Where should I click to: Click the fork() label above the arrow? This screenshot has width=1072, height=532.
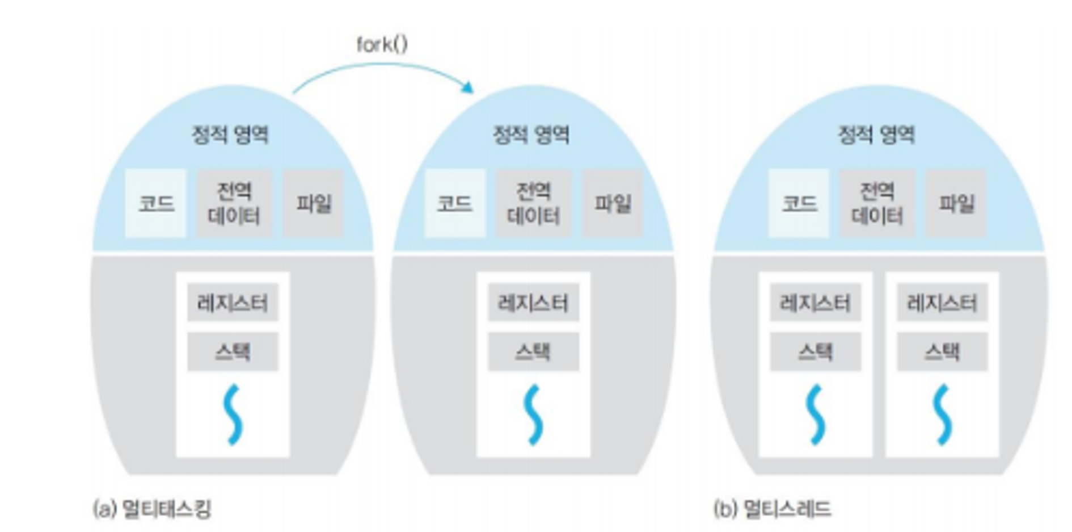point(382,44)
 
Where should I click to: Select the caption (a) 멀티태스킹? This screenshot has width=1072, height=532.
point(152,508)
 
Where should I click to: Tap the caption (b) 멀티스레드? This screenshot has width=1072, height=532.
point(773,508)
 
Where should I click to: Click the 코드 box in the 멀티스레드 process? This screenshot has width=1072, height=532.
point(799,203)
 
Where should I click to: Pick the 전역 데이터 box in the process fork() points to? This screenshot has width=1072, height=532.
point(533,203)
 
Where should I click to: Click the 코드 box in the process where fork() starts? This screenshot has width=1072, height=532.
point(156,203)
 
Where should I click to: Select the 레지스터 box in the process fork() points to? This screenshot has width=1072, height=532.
point(533,303)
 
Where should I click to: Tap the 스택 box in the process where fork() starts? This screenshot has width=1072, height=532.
point(233,352)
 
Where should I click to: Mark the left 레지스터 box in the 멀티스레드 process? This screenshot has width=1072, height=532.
point(815,303)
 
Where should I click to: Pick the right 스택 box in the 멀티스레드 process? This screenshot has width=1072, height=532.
point(942,352)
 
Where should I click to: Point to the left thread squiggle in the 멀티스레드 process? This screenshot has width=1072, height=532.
point(815,414)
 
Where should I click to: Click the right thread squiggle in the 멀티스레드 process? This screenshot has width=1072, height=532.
point(942,414)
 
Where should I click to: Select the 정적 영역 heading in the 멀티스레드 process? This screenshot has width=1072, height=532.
point(876,135)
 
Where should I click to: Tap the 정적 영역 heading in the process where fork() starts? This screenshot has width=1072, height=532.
point(230,135)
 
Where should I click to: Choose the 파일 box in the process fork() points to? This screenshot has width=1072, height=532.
point(612,203)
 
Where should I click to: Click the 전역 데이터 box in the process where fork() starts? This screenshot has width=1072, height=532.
point(234,203)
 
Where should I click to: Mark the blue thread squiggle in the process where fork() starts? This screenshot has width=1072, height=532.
point(233,414)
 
